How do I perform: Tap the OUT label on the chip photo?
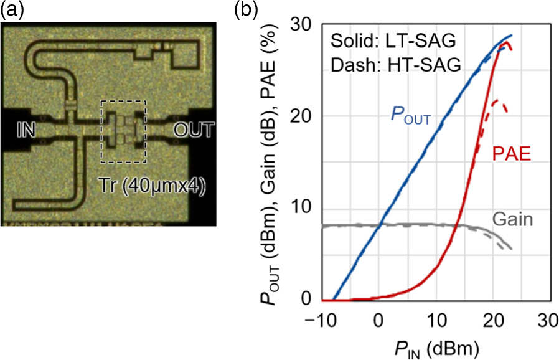(194, 130)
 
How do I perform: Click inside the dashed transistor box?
(123, 131)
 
